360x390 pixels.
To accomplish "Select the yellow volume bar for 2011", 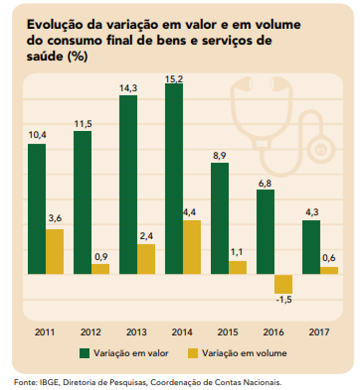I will [x=55, y=251].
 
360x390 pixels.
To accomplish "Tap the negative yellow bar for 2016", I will [x=283, y=284].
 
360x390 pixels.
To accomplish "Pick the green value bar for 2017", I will [x=311, y=247].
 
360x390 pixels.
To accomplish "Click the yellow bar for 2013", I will [x=146, y=259].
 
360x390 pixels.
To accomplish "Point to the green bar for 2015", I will [x=219, y=218].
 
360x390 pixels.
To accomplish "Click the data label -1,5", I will [x=284, y=300].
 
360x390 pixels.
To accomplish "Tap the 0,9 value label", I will [x=101, y=256].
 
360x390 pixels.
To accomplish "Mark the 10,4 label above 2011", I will [x=36, y=136].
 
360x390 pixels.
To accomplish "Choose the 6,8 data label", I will [x=265, y=182].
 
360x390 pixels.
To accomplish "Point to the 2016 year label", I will [x=274, y=332].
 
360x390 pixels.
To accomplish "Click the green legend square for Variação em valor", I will [x=84, y=353].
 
